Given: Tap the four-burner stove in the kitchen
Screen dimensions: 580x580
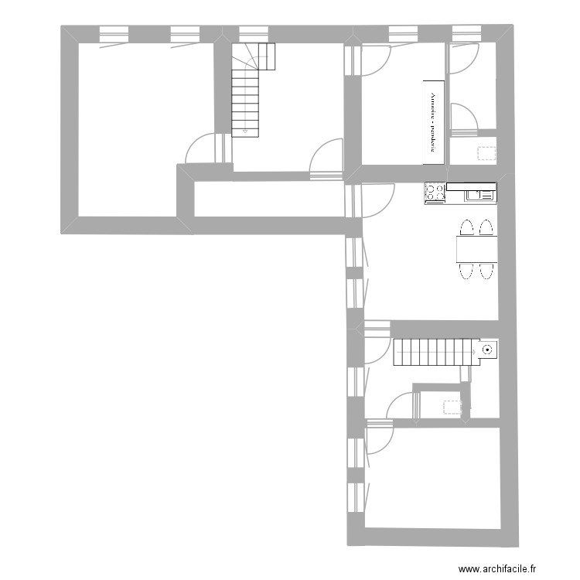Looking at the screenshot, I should coord(434,193).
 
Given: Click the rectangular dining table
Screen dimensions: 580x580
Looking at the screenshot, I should coord(476,249).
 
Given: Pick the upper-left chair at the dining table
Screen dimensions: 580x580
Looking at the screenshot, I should coord(466,229).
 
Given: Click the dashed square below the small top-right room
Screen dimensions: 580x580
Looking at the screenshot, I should coord(486,152).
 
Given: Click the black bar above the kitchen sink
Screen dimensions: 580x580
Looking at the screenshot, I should coord(470,186).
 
